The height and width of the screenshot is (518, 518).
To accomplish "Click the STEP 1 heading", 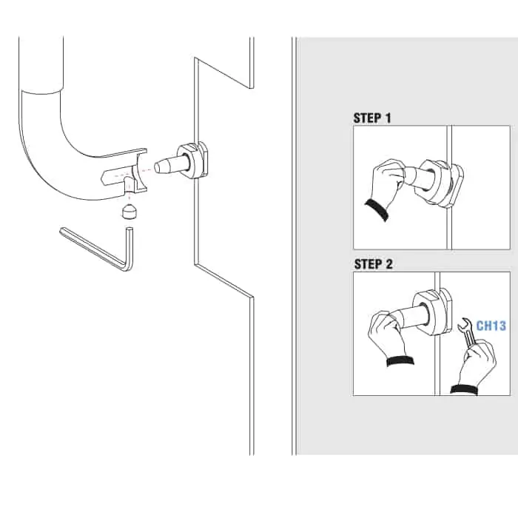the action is coord(372,118).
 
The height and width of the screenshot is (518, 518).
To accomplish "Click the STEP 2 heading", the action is coord(373,264).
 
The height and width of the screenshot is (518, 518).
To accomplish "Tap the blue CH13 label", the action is coord(491,326).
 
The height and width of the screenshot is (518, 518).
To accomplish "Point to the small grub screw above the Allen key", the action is coord(129,212).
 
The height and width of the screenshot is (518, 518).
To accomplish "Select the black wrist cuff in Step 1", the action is coord(377,209).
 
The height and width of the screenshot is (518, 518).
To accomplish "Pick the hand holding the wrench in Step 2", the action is coord(476,367).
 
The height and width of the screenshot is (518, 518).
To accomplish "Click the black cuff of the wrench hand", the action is coord(464,390).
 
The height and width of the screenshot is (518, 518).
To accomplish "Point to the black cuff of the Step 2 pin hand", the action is coord(400,361).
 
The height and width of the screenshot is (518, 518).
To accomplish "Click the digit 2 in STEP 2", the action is coord(388,264).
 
